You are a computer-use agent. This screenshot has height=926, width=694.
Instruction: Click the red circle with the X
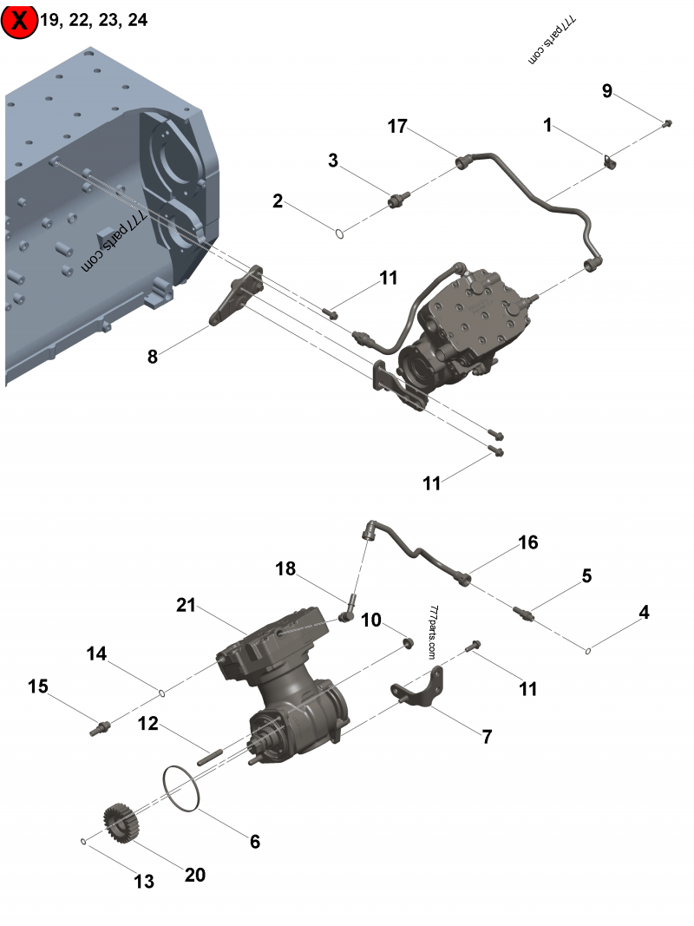[x=19, y=20]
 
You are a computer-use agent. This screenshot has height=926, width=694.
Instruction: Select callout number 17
[x=397, y=127]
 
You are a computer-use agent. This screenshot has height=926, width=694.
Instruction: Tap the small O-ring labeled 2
[x=341, y=232]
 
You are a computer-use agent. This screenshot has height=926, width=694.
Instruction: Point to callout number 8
[x=153, y=356]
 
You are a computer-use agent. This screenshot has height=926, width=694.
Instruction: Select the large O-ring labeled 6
[x=184, y=790]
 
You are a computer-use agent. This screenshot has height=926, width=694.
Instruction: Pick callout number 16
[x=528, y=542]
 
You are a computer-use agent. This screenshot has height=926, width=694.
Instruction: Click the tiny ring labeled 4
[x=588, y=650]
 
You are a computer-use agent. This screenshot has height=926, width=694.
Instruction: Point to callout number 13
[x=144, y=882]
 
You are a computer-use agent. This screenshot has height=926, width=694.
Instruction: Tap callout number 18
[x=285, y=569]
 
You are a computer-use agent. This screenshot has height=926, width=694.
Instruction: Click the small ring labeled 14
[x=161, y=692]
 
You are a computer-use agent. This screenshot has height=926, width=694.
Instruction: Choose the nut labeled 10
[x=405, y=643]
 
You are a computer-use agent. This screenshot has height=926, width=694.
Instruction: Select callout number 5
[x=586, y=575]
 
